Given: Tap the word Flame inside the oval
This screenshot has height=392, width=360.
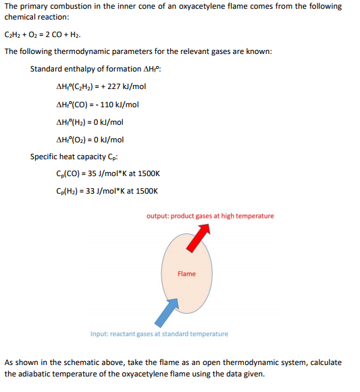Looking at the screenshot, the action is click(186, 273).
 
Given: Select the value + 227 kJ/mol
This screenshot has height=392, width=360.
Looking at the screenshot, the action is click(127, 87).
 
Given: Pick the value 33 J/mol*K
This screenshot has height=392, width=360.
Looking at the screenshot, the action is click(107, 190).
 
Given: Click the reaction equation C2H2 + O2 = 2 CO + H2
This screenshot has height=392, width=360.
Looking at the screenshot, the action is click(47, 34).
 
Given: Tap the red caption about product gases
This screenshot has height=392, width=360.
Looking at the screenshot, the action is click(210, 216).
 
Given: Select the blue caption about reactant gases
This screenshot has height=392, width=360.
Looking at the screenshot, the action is click(159, 333).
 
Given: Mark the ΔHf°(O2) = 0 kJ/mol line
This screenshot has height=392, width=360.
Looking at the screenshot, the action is click(90, 140).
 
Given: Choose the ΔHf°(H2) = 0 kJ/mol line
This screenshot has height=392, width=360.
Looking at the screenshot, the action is click(90, 122).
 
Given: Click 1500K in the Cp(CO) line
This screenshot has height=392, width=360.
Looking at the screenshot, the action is click(147, 173).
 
